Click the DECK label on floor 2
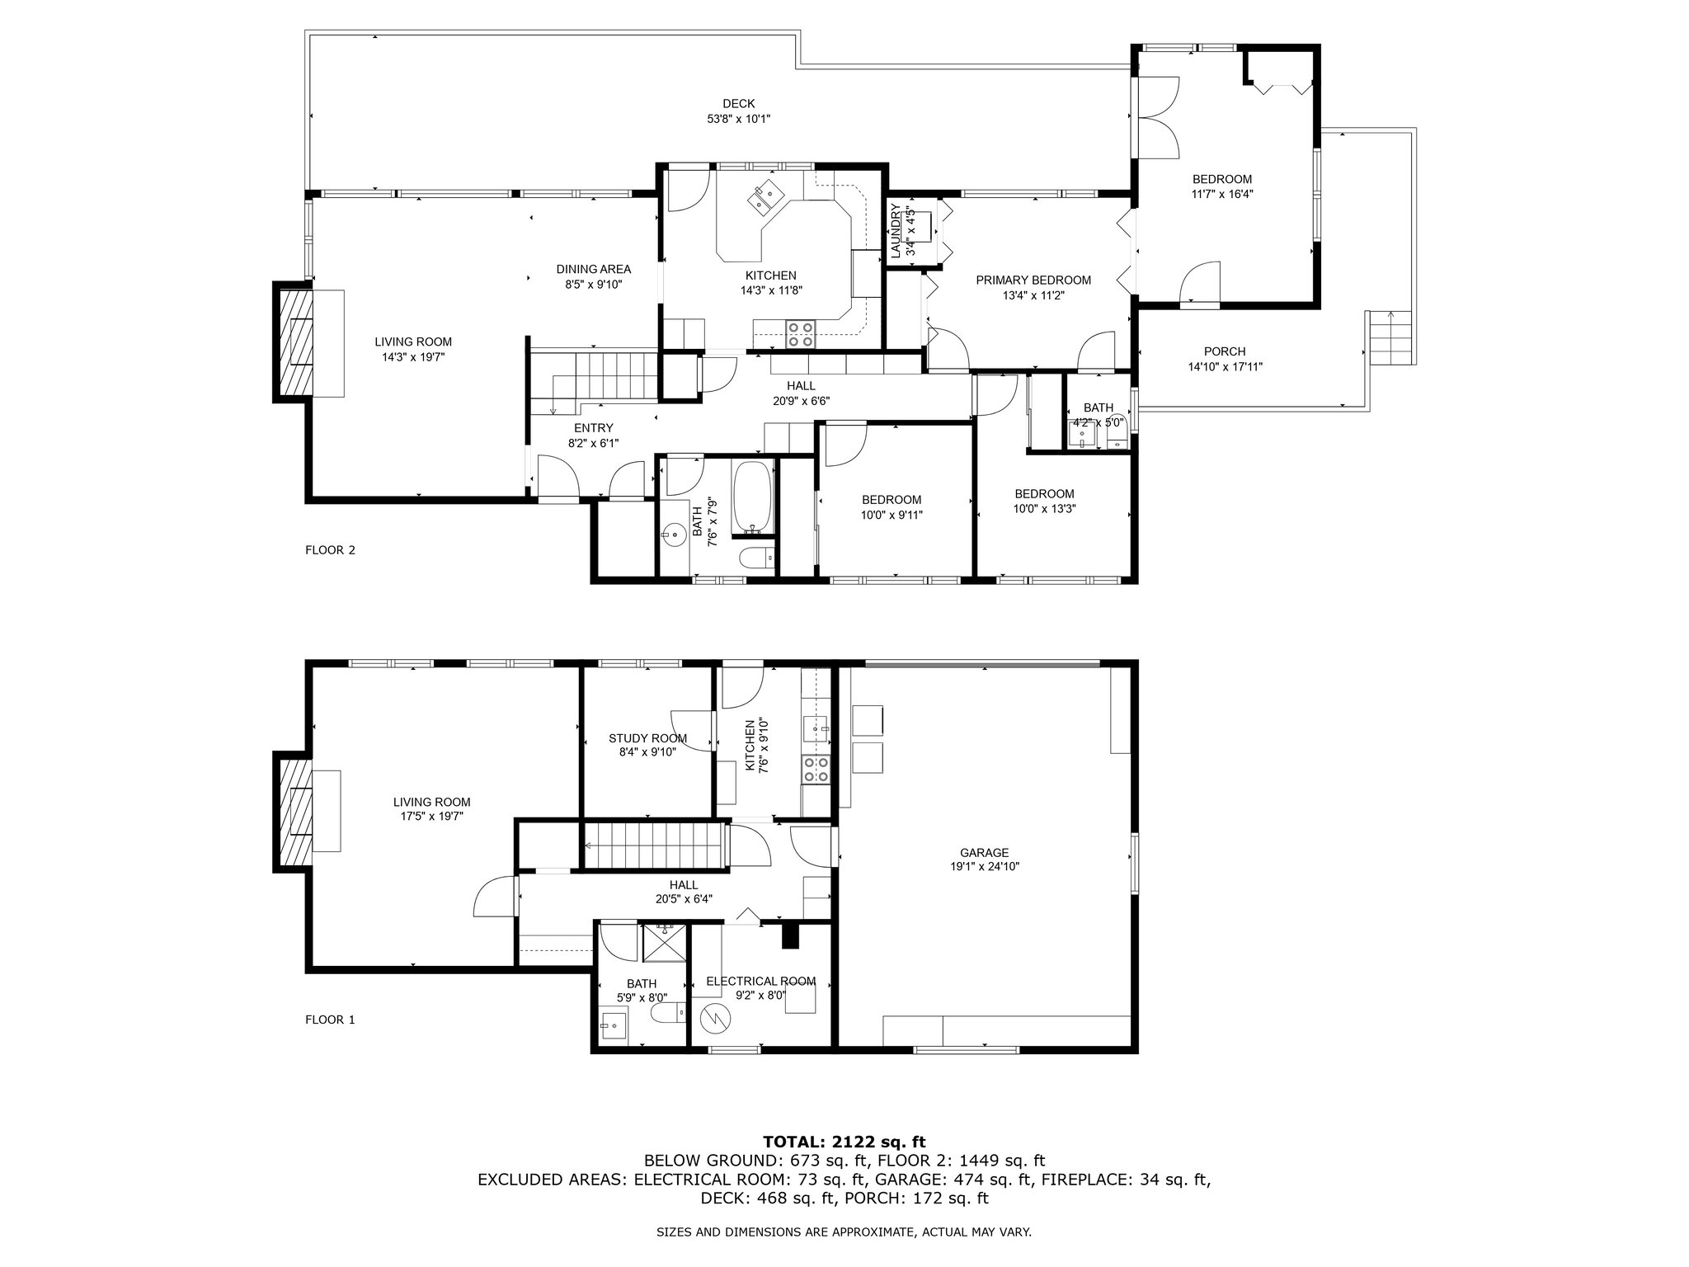pos(738,103)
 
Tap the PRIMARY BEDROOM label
pos(1033,280)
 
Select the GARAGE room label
pos(985,853)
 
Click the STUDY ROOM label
pos(647,738)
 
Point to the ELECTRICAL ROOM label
pos(760,981)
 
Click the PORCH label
pos(1225,351)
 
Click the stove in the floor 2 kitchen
pos(799,333)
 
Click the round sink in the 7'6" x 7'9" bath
pos(674,535)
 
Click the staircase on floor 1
pos(652,845)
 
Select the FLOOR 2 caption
pos(330,550)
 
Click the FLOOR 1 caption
pos(330,1020)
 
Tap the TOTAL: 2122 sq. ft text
pos(844,1142)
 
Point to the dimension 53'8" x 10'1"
pos(738,119)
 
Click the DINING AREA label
pos(593,269)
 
